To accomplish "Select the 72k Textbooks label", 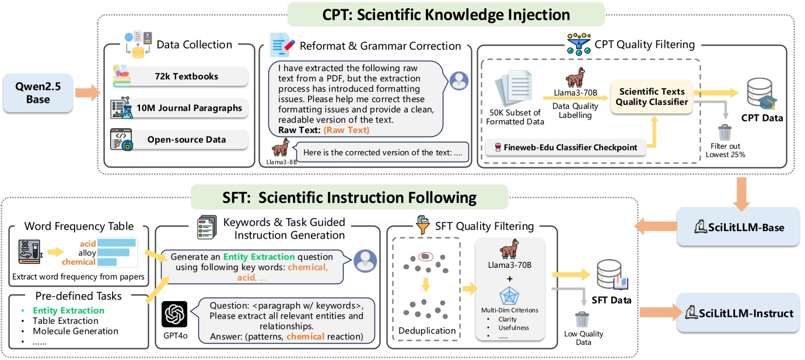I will [183, 76].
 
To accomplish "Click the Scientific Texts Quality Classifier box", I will [652, 96].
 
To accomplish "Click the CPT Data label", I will [762, 118].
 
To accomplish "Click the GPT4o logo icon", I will [175, 316].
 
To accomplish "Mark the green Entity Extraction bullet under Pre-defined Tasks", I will [68, 310].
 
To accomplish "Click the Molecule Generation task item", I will [75, 331].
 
